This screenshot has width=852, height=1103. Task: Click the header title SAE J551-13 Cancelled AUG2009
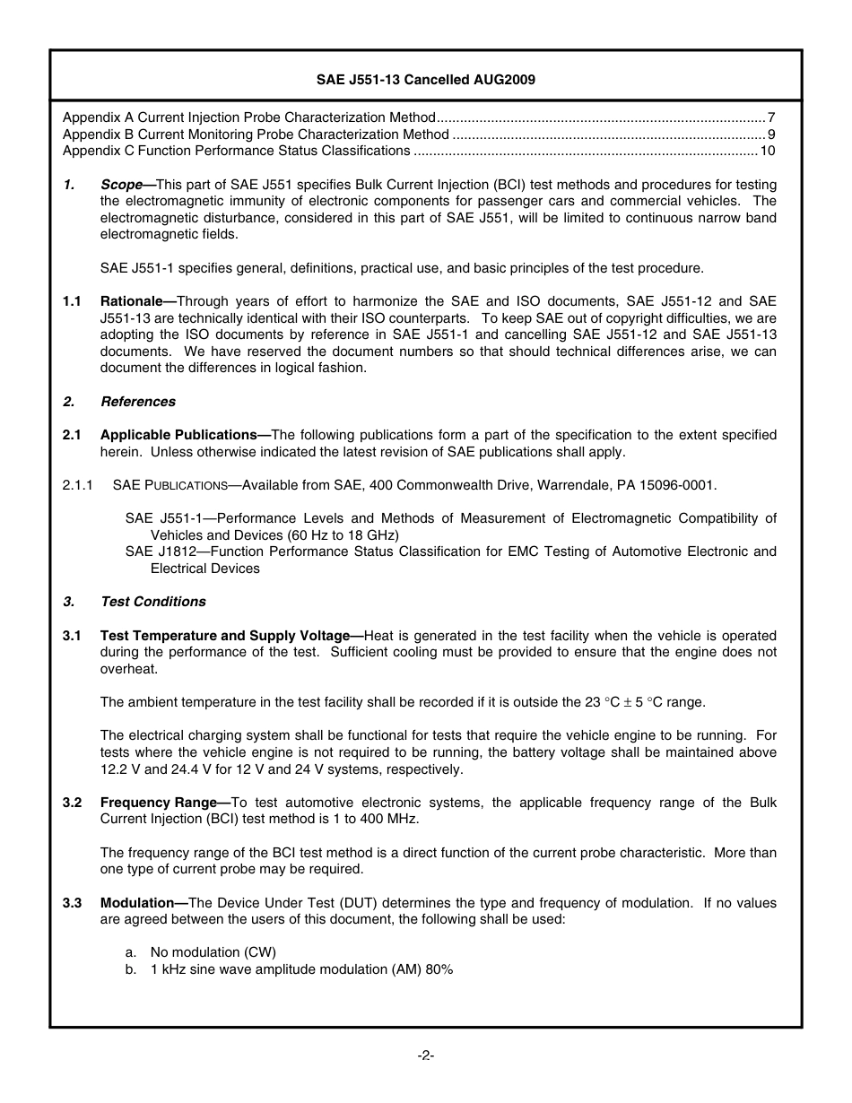click(x=426, y=80)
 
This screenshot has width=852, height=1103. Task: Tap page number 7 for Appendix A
click(x=771, y=117)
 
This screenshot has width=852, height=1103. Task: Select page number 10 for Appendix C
click(x=768, y=151)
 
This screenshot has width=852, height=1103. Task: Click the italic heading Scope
click(x=121, y=184)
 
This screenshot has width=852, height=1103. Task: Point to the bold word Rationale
click(x=131, y=301)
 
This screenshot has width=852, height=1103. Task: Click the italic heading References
click(x=138, y=402)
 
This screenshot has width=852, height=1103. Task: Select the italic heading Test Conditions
click(x=153, y=602)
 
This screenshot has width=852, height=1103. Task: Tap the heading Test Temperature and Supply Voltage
click(x=224, y=636)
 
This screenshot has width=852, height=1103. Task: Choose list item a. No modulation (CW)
click(x=213, y=952)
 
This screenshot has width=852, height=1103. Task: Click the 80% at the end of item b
click(x=439, y=969)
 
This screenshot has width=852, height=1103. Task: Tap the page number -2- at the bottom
click(x=426, y=1055)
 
